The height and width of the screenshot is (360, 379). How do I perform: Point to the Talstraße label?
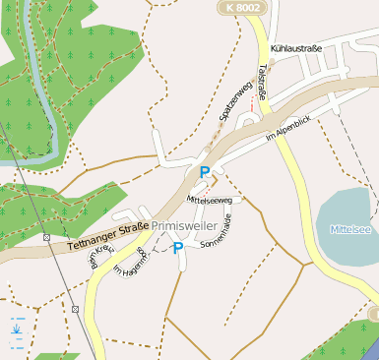(x=263, y=82)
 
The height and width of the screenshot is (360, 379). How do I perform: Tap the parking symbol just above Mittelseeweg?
(x=205, y=173)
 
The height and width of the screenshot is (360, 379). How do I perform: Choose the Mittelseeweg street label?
(x=209, y=199)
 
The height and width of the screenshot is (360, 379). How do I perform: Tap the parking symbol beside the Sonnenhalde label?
(x=178, y=249)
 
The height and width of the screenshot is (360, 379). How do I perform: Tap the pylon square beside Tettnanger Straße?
(x=46, y=237)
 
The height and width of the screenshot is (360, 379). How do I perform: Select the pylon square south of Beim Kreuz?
(x=75, y=309)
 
